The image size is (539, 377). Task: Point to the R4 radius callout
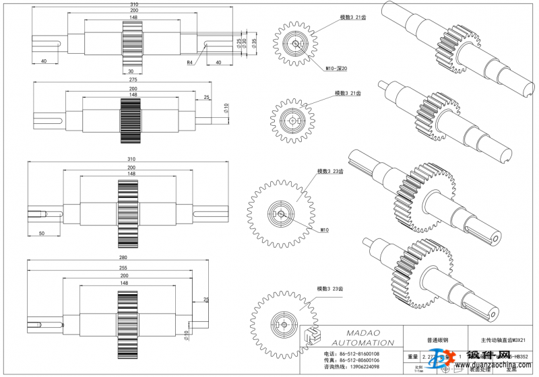(191, 62)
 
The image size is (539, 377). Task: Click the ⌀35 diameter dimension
(254, 42)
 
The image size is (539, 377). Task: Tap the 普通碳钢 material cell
(432, 341)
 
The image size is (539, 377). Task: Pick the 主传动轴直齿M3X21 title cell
(502, 341)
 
